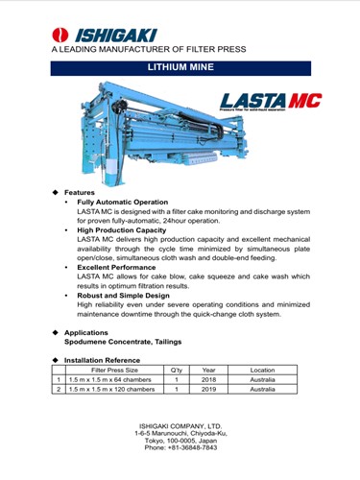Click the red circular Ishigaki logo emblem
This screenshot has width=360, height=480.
[x=60, y=35]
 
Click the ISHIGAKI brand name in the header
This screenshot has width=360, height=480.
[x=116, y=36]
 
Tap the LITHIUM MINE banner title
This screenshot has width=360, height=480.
[x=180, y=67]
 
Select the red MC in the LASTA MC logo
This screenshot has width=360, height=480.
[x=305, y=101]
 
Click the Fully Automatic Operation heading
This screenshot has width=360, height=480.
[x=123, y=203]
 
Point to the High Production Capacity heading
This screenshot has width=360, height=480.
[x=122, y=230]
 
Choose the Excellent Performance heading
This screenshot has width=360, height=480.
[x=116, y=268]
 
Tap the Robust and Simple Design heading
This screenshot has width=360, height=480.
[x=123, y=296]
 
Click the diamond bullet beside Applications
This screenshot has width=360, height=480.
[x=56, y=332]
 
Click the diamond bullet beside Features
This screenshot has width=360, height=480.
[x=56, y=192]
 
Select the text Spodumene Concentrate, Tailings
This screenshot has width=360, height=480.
[x=123, y=342]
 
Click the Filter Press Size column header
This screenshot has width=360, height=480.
[x=114, y=371]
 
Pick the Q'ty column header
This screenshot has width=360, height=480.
[x=177, y=371]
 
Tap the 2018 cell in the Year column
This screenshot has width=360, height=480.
[x=208, y=380]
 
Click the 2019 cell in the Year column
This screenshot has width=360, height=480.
[x=208, y=390]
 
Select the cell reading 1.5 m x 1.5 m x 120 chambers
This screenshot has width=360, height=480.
[x=111, y=390]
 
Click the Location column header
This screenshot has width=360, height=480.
[x=262, y=371]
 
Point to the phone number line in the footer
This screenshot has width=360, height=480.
[x=180, y=447]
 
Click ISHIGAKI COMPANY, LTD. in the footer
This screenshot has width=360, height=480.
[x=180, y=426]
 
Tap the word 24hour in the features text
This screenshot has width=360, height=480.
[x=175, y=221]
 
